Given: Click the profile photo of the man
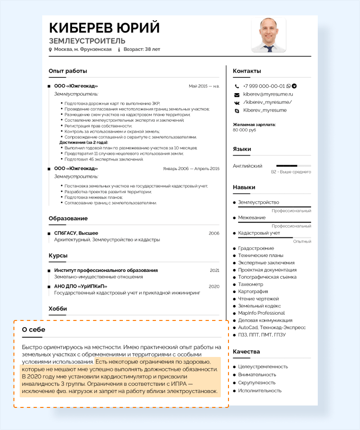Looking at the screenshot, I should [x=269, y=35].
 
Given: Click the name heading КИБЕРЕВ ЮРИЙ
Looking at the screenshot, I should [x=104, y=27].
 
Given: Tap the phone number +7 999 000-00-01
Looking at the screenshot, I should [x=264, y=86].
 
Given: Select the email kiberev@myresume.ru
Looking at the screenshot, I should [x=268, y=94].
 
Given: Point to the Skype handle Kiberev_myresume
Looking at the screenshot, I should [x=264, y=110].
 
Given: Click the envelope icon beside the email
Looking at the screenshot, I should [x=237, y=95].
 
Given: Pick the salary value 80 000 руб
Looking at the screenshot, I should [x=244, y=130].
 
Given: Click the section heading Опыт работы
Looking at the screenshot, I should [x=68, y=71].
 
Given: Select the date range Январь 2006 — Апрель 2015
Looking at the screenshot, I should [x=191, y=169].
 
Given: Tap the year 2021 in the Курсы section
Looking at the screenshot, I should [x=214, y=270].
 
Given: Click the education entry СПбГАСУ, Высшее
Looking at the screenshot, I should [x=76, y=233].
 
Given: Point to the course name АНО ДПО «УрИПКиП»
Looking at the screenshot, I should [x=81, y=286].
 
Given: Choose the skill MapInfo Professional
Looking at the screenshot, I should [x=261, y=313].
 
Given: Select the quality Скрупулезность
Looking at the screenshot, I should [x=257, y=383].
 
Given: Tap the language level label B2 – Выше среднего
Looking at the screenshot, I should [x=291, y=172].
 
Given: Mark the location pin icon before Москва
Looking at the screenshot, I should [x=50, y=49].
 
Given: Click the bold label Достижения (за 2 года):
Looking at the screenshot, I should [x=84, y=143].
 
